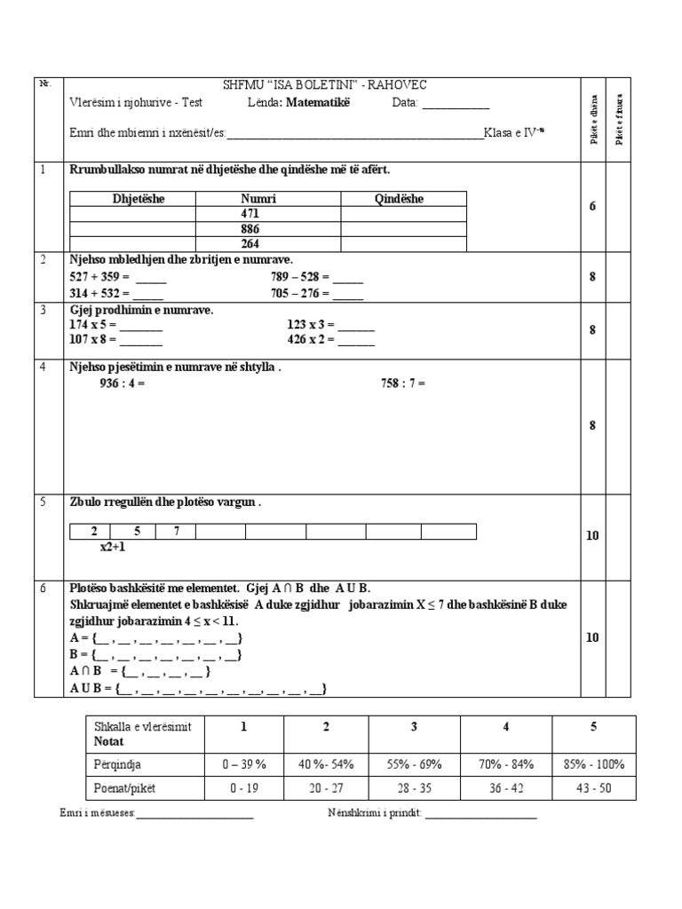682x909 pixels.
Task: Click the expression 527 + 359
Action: click(x=99, y=275)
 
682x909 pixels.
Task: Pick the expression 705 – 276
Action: click(x=299, y=292)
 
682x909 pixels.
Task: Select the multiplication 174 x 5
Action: click(x=92, y=325)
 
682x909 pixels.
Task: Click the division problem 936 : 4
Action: click(x=122, y=383)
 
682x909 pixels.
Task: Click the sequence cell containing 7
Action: click(x=177, y=532)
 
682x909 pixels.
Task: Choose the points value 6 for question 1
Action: click(x=592, y=206)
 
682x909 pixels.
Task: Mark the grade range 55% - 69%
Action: click(x=413, y=763)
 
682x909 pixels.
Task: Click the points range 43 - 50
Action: click(x=593, y=787)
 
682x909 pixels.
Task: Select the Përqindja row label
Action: click(x=119, y=763)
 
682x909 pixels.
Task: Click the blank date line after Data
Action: click(x=456, y=104)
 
